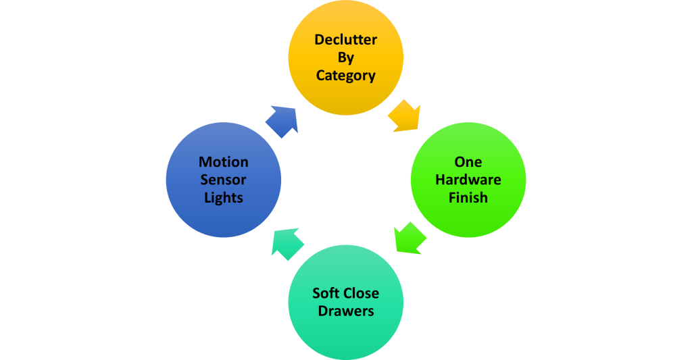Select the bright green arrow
(410, 237)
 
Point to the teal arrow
(287, 243)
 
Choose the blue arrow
(281, 121)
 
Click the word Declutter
(345, 39)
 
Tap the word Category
(345, 76)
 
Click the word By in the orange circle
(345, 57)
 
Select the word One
(468, 162)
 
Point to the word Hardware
(468, 180)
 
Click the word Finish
(468, 199)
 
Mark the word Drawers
(345, 311)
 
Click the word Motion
(223, 162)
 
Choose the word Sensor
(223, 180)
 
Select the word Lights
(223, 199)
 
